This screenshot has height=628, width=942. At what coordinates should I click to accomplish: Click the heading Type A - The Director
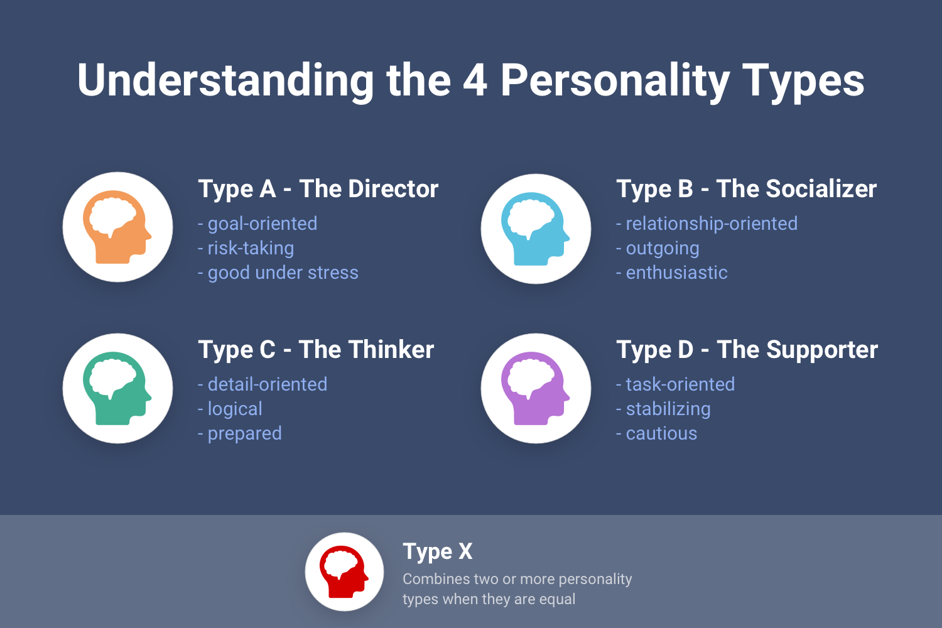[318, 189]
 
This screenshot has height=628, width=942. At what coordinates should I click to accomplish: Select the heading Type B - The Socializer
[746, 189]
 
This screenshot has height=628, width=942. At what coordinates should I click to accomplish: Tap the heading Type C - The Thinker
[316, 350]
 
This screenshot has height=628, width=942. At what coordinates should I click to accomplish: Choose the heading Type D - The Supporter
[747, 350]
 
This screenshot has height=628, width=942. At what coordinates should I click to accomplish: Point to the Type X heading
[437, 551]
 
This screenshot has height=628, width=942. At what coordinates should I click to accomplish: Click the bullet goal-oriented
[257, 224]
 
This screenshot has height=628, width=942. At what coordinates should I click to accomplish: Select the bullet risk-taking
[246, 248]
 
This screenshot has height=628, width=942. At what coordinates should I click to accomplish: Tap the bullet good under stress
[278, 273]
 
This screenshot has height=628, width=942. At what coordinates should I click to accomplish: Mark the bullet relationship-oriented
[706, 224]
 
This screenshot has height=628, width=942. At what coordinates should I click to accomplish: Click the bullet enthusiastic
[671, 273]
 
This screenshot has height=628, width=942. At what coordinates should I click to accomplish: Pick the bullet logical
[230, 409]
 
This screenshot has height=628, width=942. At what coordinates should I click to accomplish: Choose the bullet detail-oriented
[263, 384]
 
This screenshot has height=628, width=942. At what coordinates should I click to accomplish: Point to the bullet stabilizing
[663, 409]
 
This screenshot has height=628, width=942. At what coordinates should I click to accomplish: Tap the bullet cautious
[656, 433]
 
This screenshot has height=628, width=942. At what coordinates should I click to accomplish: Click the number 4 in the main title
[475, 80]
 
